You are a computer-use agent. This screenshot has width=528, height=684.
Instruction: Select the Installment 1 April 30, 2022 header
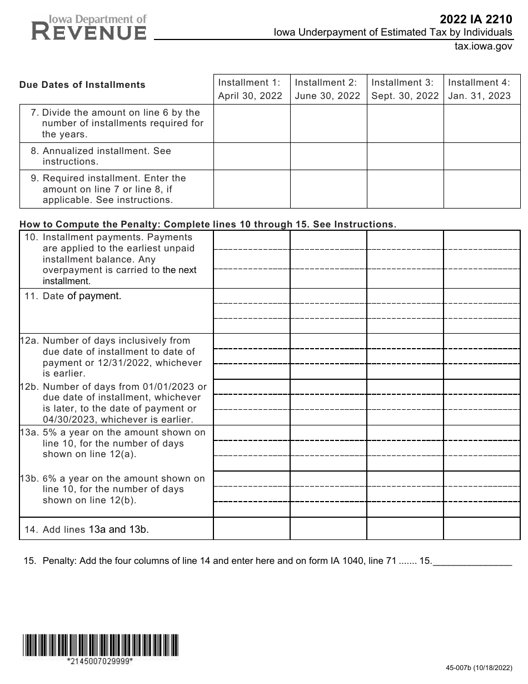tap(251, 88)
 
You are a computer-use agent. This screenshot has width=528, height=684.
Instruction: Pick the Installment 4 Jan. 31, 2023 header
tap(481, 88)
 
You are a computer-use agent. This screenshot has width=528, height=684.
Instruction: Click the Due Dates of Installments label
tap(82, 85)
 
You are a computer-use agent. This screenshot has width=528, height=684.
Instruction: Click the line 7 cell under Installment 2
tap(328, 123)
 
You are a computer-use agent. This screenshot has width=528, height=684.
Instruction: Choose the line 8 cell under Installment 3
tap(405, 156)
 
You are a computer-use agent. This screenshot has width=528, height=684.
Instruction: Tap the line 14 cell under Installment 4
tap(481, 529)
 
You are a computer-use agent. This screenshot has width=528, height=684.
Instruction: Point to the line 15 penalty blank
tap(472, 561)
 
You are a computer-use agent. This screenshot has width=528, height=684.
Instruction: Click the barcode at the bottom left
tap(101, 645)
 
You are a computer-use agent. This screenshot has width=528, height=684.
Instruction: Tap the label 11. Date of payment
tap(73, 296)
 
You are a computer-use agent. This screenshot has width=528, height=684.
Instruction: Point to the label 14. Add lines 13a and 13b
tap(87, 529)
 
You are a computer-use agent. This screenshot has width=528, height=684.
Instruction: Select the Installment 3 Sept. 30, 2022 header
tap(405, 88)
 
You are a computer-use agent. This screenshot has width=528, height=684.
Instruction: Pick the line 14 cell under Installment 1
tap(251, 529)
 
